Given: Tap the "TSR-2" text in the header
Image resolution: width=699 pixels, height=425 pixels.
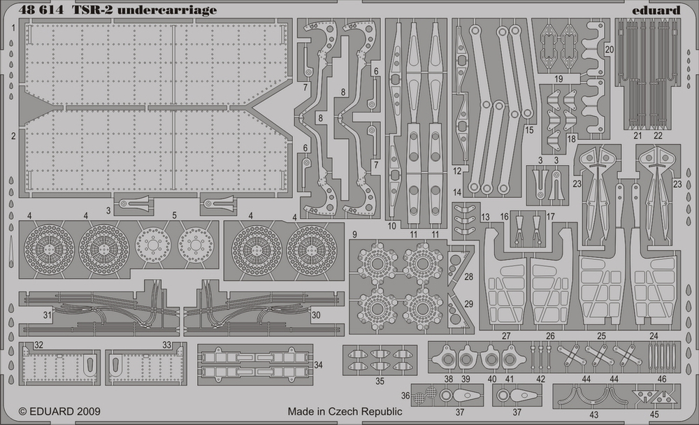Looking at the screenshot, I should click(99, 10).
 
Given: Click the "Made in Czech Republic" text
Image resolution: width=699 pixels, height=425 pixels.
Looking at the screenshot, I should click(345, 412).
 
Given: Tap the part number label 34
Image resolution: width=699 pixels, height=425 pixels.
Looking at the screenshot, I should click(319, 366).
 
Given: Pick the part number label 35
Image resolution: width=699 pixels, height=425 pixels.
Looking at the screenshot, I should click(380, 381).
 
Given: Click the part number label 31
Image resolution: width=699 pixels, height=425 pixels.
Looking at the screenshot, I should click(47, 315).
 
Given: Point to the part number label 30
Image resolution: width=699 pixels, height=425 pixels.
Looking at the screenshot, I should click(315, 315).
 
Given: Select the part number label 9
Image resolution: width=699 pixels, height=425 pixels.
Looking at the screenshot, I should click(355, 233).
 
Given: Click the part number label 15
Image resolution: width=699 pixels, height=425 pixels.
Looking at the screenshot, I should click(529, 131).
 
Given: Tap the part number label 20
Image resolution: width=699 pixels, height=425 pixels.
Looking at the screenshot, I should click(610, 50).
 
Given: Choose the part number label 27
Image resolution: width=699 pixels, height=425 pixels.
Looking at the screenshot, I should click(506, 336).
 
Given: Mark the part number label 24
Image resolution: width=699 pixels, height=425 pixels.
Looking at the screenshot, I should click(654, 336).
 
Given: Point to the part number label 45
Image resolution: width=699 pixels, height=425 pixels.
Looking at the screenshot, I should click(654, 412).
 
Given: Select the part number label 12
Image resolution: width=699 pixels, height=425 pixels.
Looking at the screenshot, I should click(456, 171).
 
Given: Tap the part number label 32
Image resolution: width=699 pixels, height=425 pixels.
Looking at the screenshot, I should click(38, 345).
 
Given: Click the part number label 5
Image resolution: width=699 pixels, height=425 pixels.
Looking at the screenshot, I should click(174, 216).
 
